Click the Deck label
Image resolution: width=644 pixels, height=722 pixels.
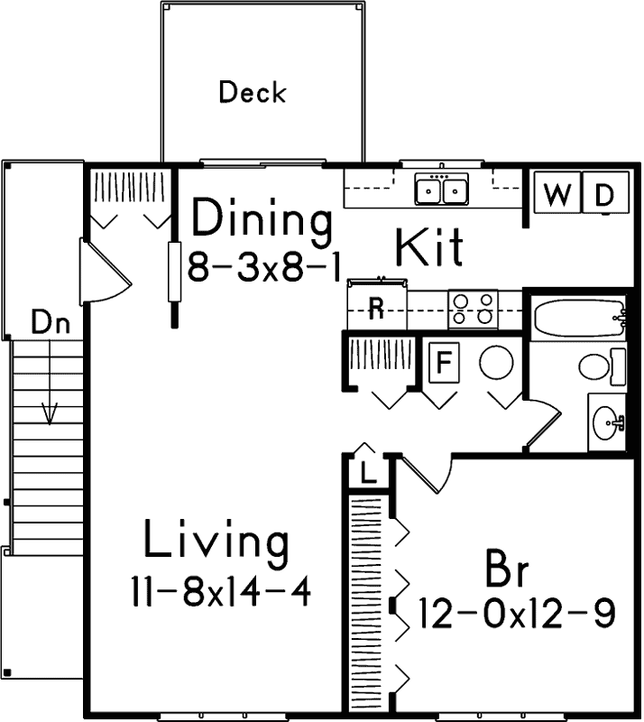tap(253, 92)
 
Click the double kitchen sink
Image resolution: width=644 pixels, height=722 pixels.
tap(442, 190)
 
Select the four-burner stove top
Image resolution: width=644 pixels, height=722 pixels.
tap(474, 308)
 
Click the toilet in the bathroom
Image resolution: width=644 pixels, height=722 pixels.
tap(598, 366)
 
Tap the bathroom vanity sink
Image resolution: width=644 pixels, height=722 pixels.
tap(607, 421)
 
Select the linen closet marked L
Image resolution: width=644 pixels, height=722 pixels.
tap(367, 472)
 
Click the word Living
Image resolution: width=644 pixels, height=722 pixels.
tap(216, 542)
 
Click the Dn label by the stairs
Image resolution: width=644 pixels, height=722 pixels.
tap(51, 322)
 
